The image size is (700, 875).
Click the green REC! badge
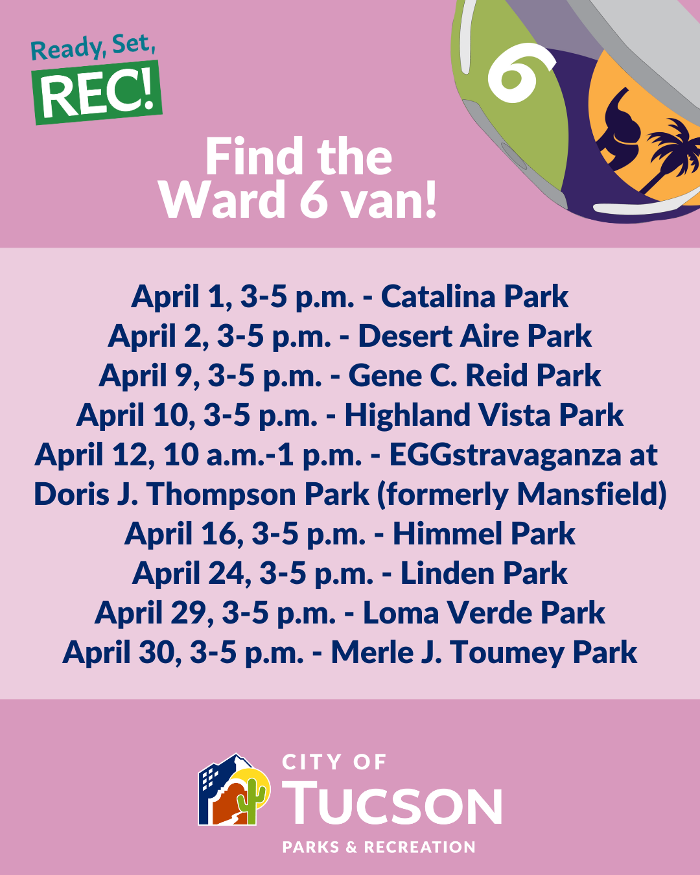(97, 93)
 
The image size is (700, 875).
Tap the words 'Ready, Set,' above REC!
(93, 47)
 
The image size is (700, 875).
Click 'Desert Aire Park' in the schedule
(474, 336)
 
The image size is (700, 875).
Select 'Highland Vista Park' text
(484, 415)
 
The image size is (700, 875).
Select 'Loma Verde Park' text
(484, 613)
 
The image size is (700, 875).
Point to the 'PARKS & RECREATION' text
(379, 847)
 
